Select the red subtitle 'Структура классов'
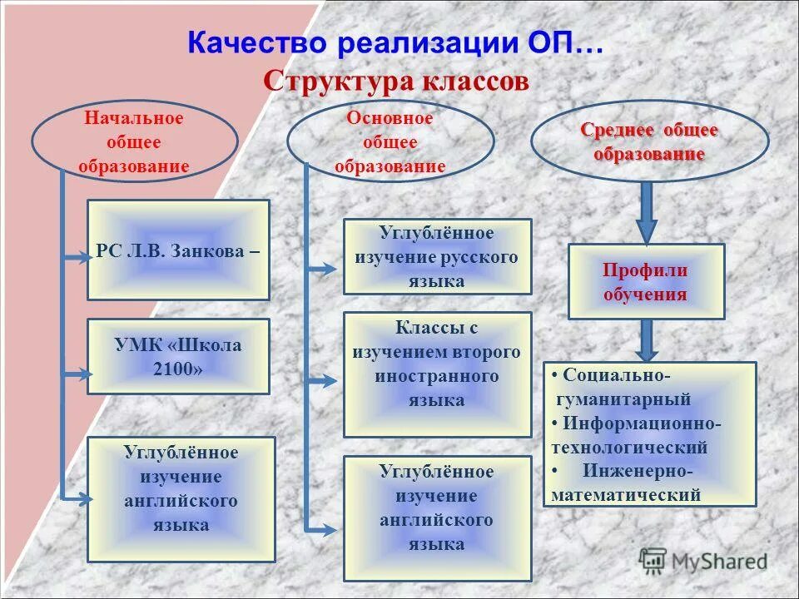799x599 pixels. pyautogui.click(x=395, y=82)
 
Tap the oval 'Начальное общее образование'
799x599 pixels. pyautogui.click(x=134, y=141)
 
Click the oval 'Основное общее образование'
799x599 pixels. pyautogui.click(x=390, y=141)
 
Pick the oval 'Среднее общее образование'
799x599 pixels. pyautogui.click(x=649, y=141)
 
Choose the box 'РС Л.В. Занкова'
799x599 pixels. pyautogui.click(x=178, y=250)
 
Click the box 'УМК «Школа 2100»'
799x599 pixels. pyautogui.click(x=178, y=356)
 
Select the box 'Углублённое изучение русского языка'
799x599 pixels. pyautogui.click(x=437, y=256)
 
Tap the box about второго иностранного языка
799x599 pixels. pyautogui.click(x=437, y=374)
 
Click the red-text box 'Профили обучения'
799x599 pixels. pyautogui.click(x=646, y=281)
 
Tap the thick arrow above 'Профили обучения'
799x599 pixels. pyautogui.click(x=647, y=213)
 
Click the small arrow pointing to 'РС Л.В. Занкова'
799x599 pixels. pyautogui.click(x=77, y=258)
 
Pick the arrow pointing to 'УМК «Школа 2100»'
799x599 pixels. pyautogui.click(x=77, y=374)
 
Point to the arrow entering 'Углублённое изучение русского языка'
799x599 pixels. pyautogui.click(x=322, y=268)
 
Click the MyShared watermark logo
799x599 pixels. pyautogui.click(x=704, y=561)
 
